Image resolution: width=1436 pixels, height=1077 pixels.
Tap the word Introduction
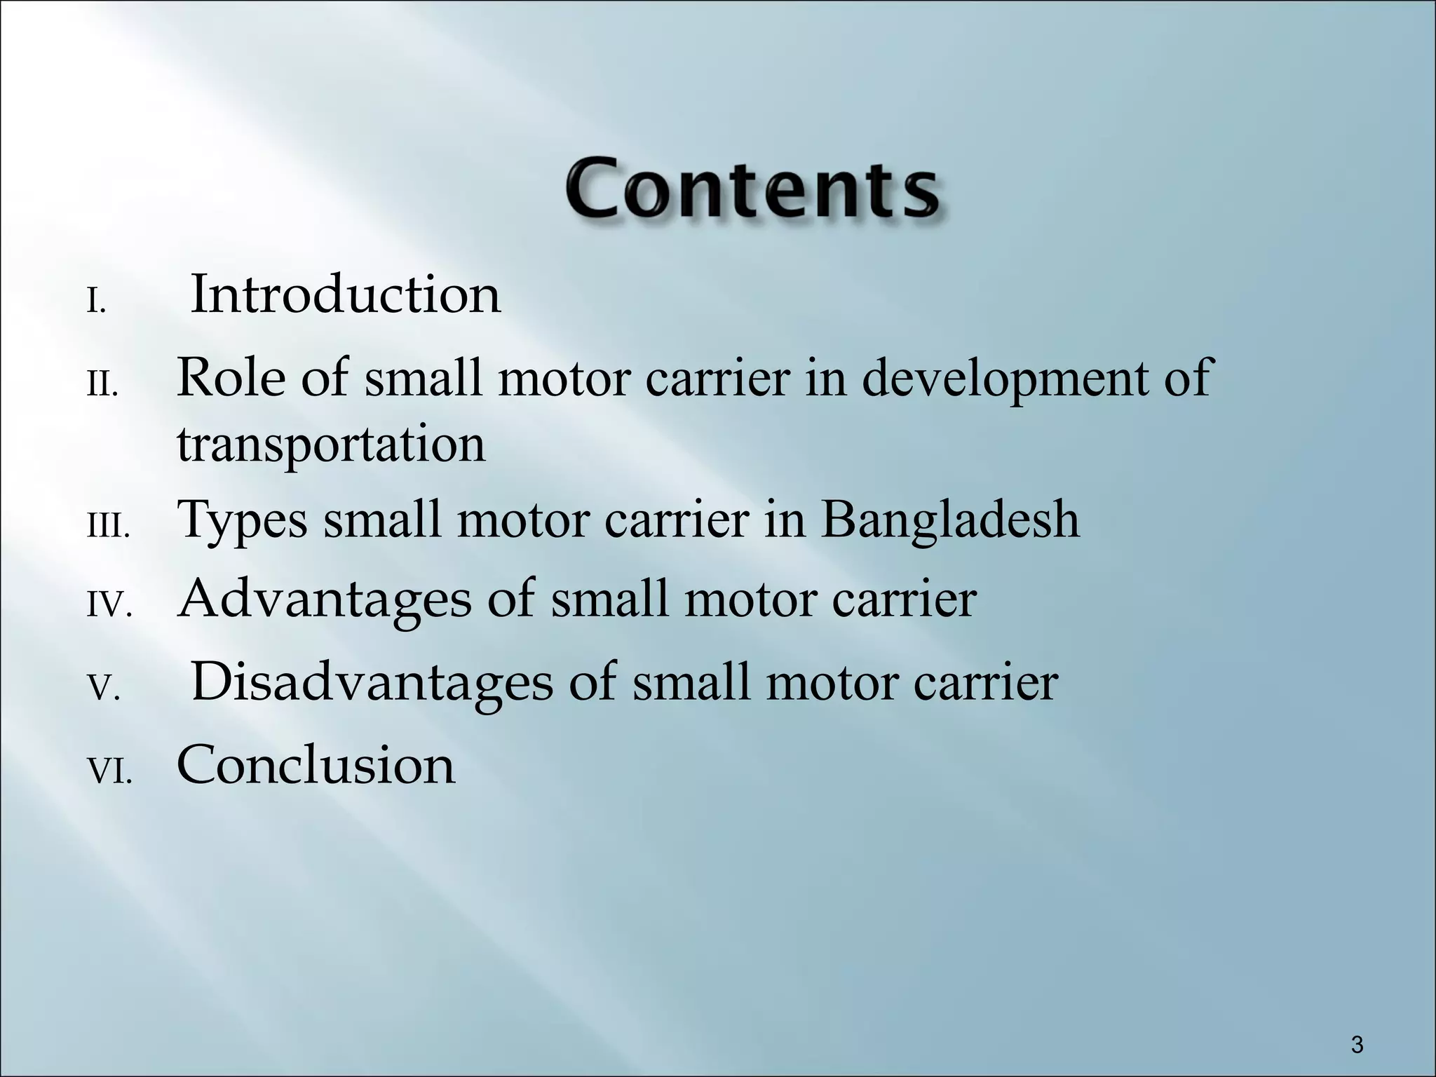click(x=346, y=294)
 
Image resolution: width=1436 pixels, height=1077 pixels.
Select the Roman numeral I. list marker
click(x=96, y=304)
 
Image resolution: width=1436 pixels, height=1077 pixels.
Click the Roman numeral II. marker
click(x=102, y=386)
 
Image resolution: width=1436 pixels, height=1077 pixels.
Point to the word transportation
click(x=331, y=445)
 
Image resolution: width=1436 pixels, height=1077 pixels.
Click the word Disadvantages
click(x=372, y=684)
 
